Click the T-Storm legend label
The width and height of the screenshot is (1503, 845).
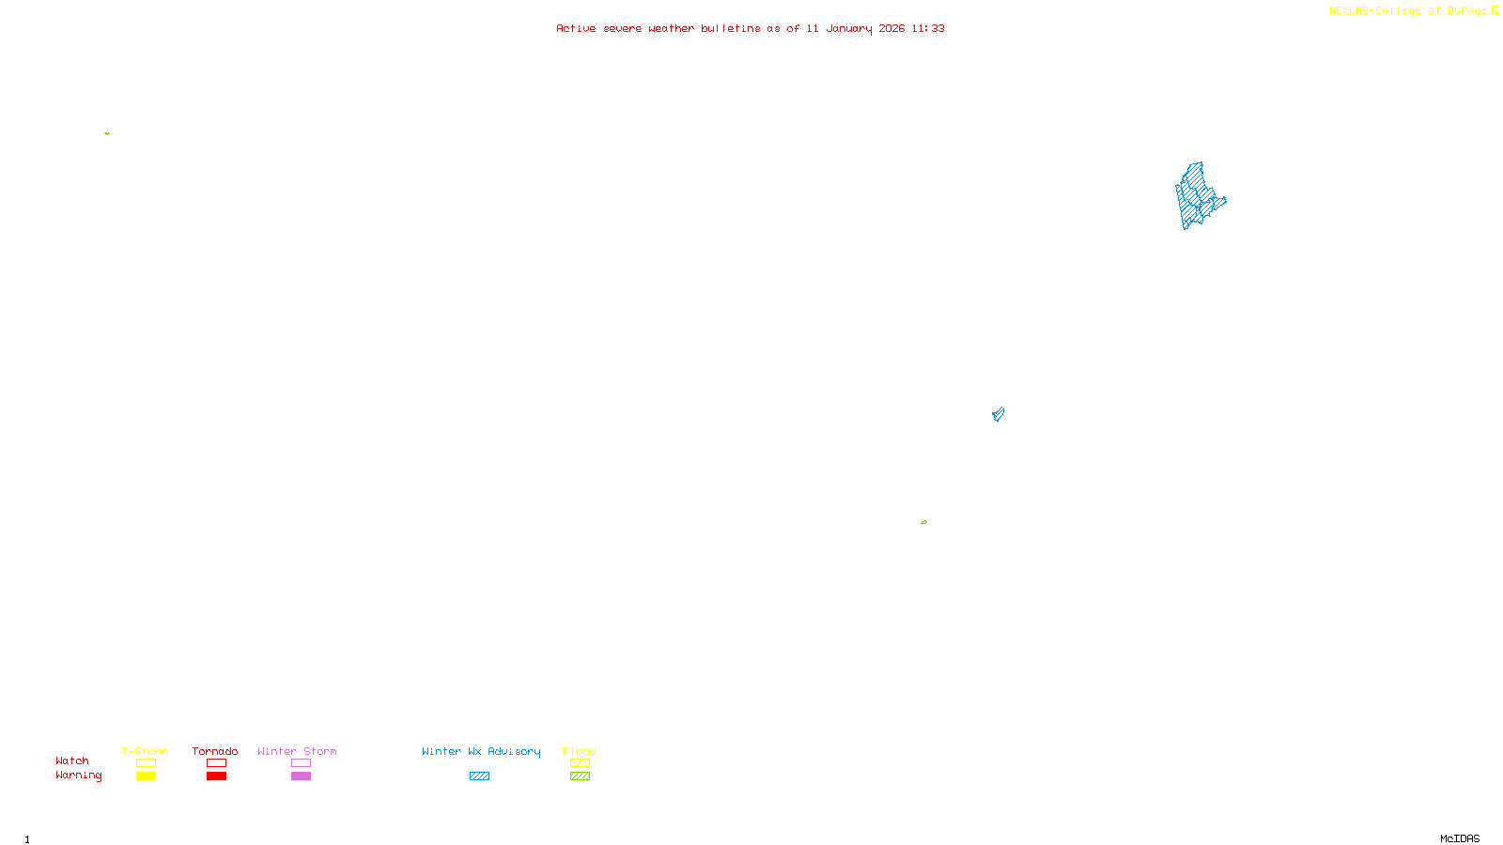145,751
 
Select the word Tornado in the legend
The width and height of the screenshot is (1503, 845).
215,751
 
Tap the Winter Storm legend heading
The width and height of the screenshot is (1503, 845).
297,751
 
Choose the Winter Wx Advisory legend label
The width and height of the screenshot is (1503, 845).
481,751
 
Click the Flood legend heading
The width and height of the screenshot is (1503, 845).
580,751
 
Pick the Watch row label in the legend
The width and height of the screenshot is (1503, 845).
72,760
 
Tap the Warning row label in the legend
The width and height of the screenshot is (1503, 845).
78,776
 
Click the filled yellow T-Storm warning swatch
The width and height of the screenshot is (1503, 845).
146,776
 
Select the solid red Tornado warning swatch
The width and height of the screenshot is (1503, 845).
216,776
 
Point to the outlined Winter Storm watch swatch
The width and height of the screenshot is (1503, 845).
301,763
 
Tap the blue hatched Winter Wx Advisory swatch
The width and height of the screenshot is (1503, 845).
479,776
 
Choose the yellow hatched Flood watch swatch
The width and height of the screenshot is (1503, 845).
580,763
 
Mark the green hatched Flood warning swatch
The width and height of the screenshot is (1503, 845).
580,776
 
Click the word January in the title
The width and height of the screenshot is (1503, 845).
848,28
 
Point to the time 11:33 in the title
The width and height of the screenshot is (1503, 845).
928,28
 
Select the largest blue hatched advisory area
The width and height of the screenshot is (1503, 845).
1196,195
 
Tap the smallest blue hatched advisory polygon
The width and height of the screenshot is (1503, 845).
998,414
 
